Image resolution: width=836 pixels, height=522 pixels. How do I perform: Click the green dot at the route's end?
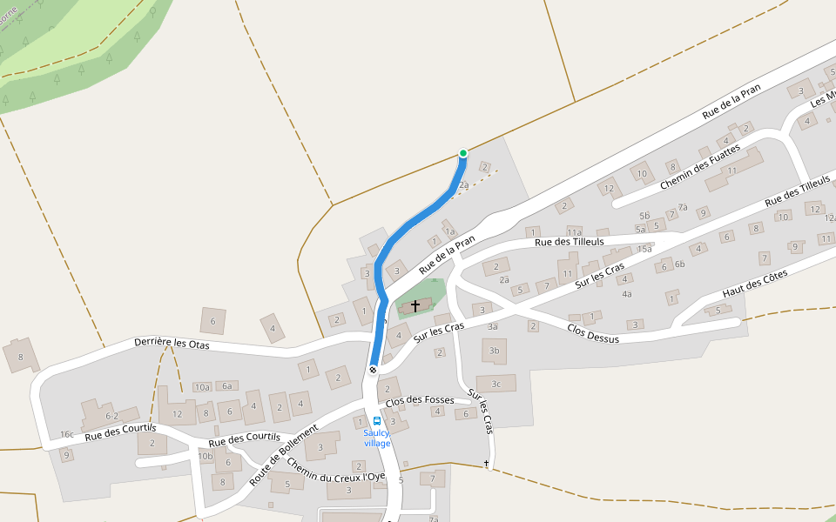(x=463, y=153)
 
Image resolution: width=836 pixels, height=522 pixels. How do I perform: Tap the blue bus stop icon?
(x=377, y=421)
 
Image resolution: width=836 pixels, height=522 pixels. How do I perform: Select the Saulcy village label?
(x=377, y=438)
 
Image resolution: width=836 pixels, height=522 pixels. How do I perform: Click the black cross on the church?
(x=415, y=305)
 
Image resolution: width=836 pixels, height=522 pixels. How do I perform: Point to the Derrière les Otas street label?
(x=172, y=343)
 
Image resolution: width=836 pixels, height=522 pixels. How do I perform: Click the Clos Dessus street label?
(x=592, y=333)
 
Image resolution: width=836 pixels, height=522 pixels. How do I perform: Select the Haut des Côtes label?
(x=754, y=284)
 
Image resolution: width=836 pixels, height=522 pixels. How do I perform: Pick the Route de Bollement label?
(x=283, y=454)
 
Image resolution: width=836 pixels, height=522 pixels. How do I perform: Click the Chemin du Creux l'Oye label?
(x=334, y=470)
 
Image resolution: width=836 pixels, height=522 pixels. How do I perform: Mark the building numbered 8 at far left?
(x=20, y=356)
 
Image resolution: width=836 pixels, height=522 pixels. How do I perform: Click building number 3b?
(x=495, y=351)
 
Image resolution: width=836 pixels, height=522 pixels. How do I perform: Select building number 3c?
(x=496, y=383)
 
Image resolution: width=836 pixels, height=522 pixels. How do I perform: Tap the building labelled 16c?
(x=67, y=434)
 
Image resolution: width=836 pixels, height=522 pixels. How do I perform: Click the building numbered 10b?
(x=206, y=456)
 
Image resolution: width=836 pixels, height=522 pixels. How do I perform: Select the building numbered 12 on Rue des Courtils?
(x=178, y=414)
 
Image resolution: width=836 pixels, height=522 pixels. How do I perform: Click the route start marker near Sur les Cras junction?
(x=373, y=370)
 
